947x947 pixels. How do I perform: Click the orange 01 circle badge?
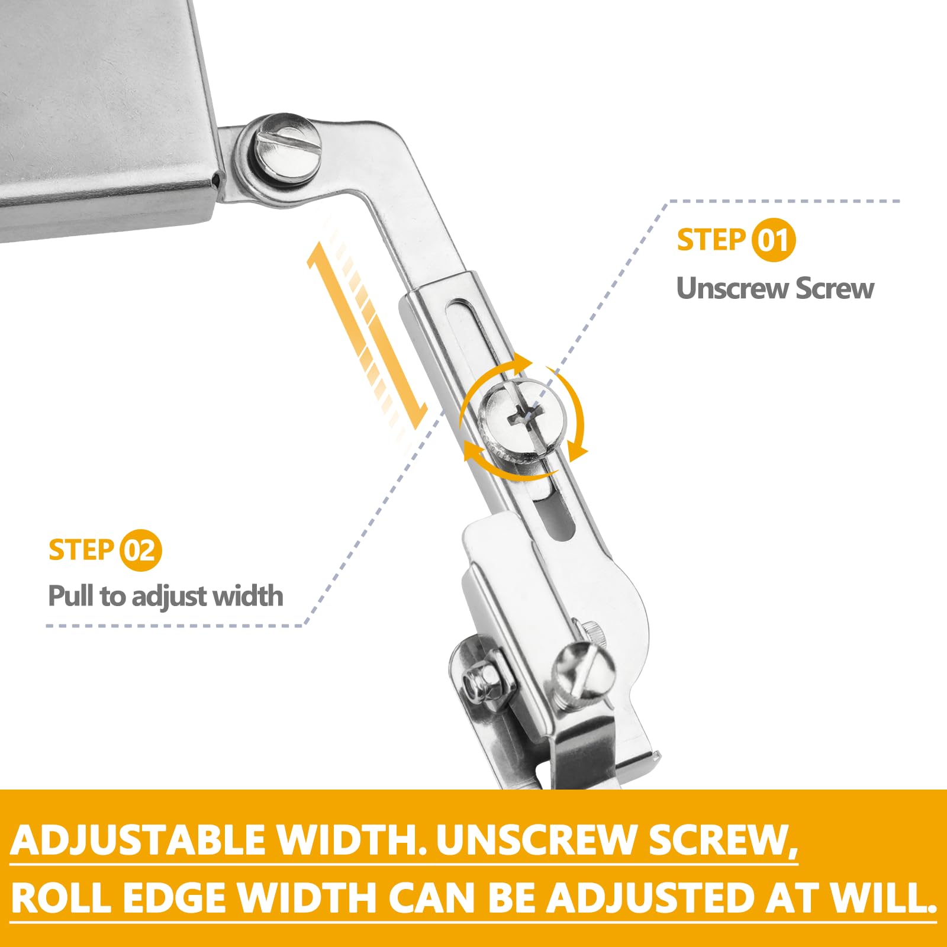(x=774, y=240)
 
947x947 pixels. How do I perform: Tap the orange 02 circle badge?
(x=140, y=550)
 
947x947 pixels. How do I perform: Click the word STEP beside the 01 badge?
(x=711, y=240)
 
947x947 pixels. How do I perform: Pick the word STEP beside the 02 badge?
(x=81, y=550)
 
